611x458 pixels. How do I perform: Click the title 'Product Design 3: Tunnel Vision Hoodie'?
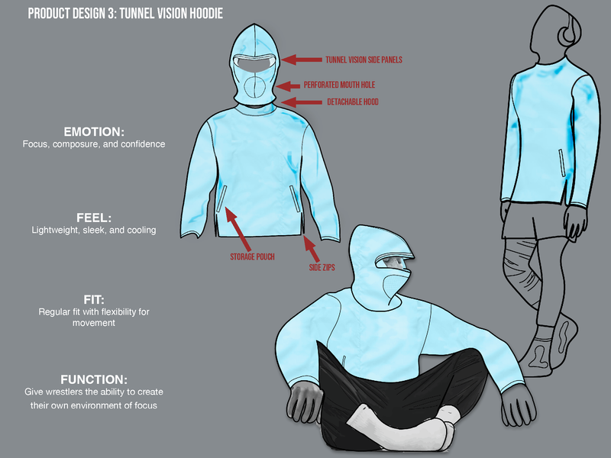(125, 14)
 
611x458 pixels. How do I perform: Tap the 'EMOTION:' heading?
(94, 131)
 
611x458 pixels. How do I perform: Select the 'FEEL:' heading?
(94, 218)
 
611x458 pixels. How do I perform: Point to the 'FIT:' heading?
(94, 299)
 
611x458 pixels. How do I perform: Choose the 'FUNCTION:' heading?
(94, 379)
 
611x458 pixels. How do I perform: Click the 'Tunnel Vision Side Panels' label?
(364, 60)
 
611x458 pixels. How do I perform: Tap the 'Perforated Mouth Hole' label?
(339, 85)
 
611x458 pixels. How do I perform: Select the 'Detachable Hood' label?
(353, 102)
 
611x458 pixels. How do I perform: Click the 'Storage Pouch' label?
(252, 256)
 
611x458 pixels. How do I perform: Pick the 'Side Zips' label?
(322, 268)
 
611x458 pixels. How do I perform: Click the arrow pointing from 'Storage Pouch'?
(238, 228)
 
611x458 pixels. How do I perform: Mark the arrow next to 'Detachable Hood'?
(301, 102)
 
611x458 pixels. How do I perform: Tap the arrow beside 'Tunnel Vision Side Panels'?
(302, 60)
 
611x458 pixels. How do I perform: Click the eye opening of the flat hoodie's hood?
(254, 64)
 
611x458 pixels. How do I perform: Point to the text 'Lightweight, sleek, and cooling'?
(94, 230)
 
